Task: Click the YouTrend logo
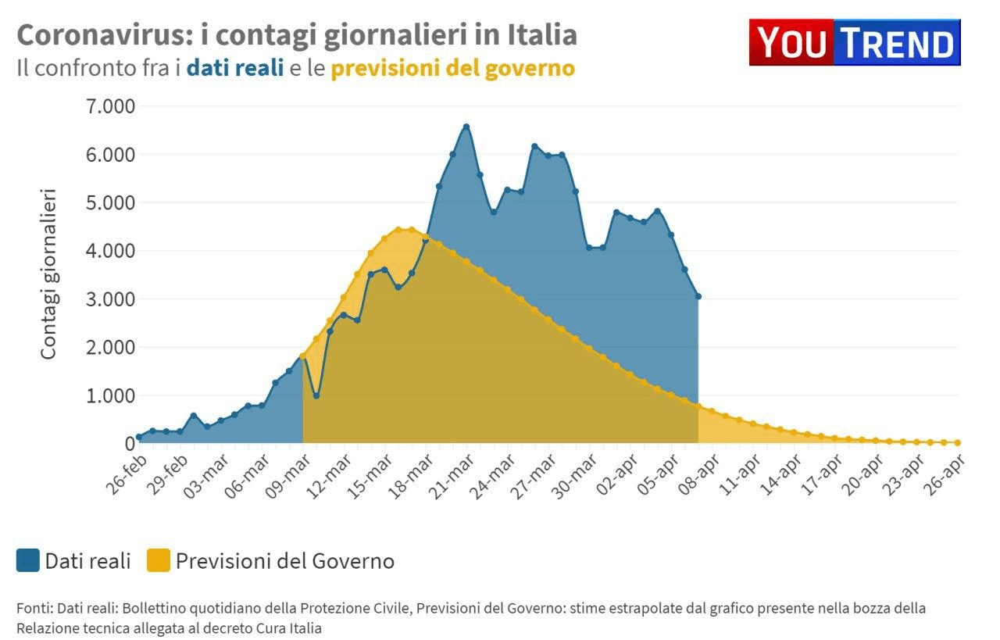tap(855, 42)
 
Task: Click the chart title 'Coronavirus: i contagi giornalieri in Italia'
tap(297, 35)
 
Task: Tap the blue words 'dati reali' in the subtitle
tap(234, 69)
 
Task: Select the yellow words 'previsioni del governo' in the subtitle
tap(452, 69)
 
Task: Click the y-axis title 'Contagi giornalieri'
tap(48, 274)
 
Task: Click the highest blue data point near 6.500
tap(466, 126)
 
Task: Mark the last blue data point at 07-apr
tap(698, 296)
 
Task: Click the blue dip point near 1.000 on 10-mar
tap(316, 395)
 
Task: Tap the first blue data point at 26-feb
tap(139, 438)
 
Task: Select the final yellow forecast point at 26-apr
tap(957, 442)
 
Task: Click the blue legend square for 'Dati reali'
tap(28, 560)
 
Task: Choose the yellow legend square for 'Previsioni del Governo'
tap(159, 560)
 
